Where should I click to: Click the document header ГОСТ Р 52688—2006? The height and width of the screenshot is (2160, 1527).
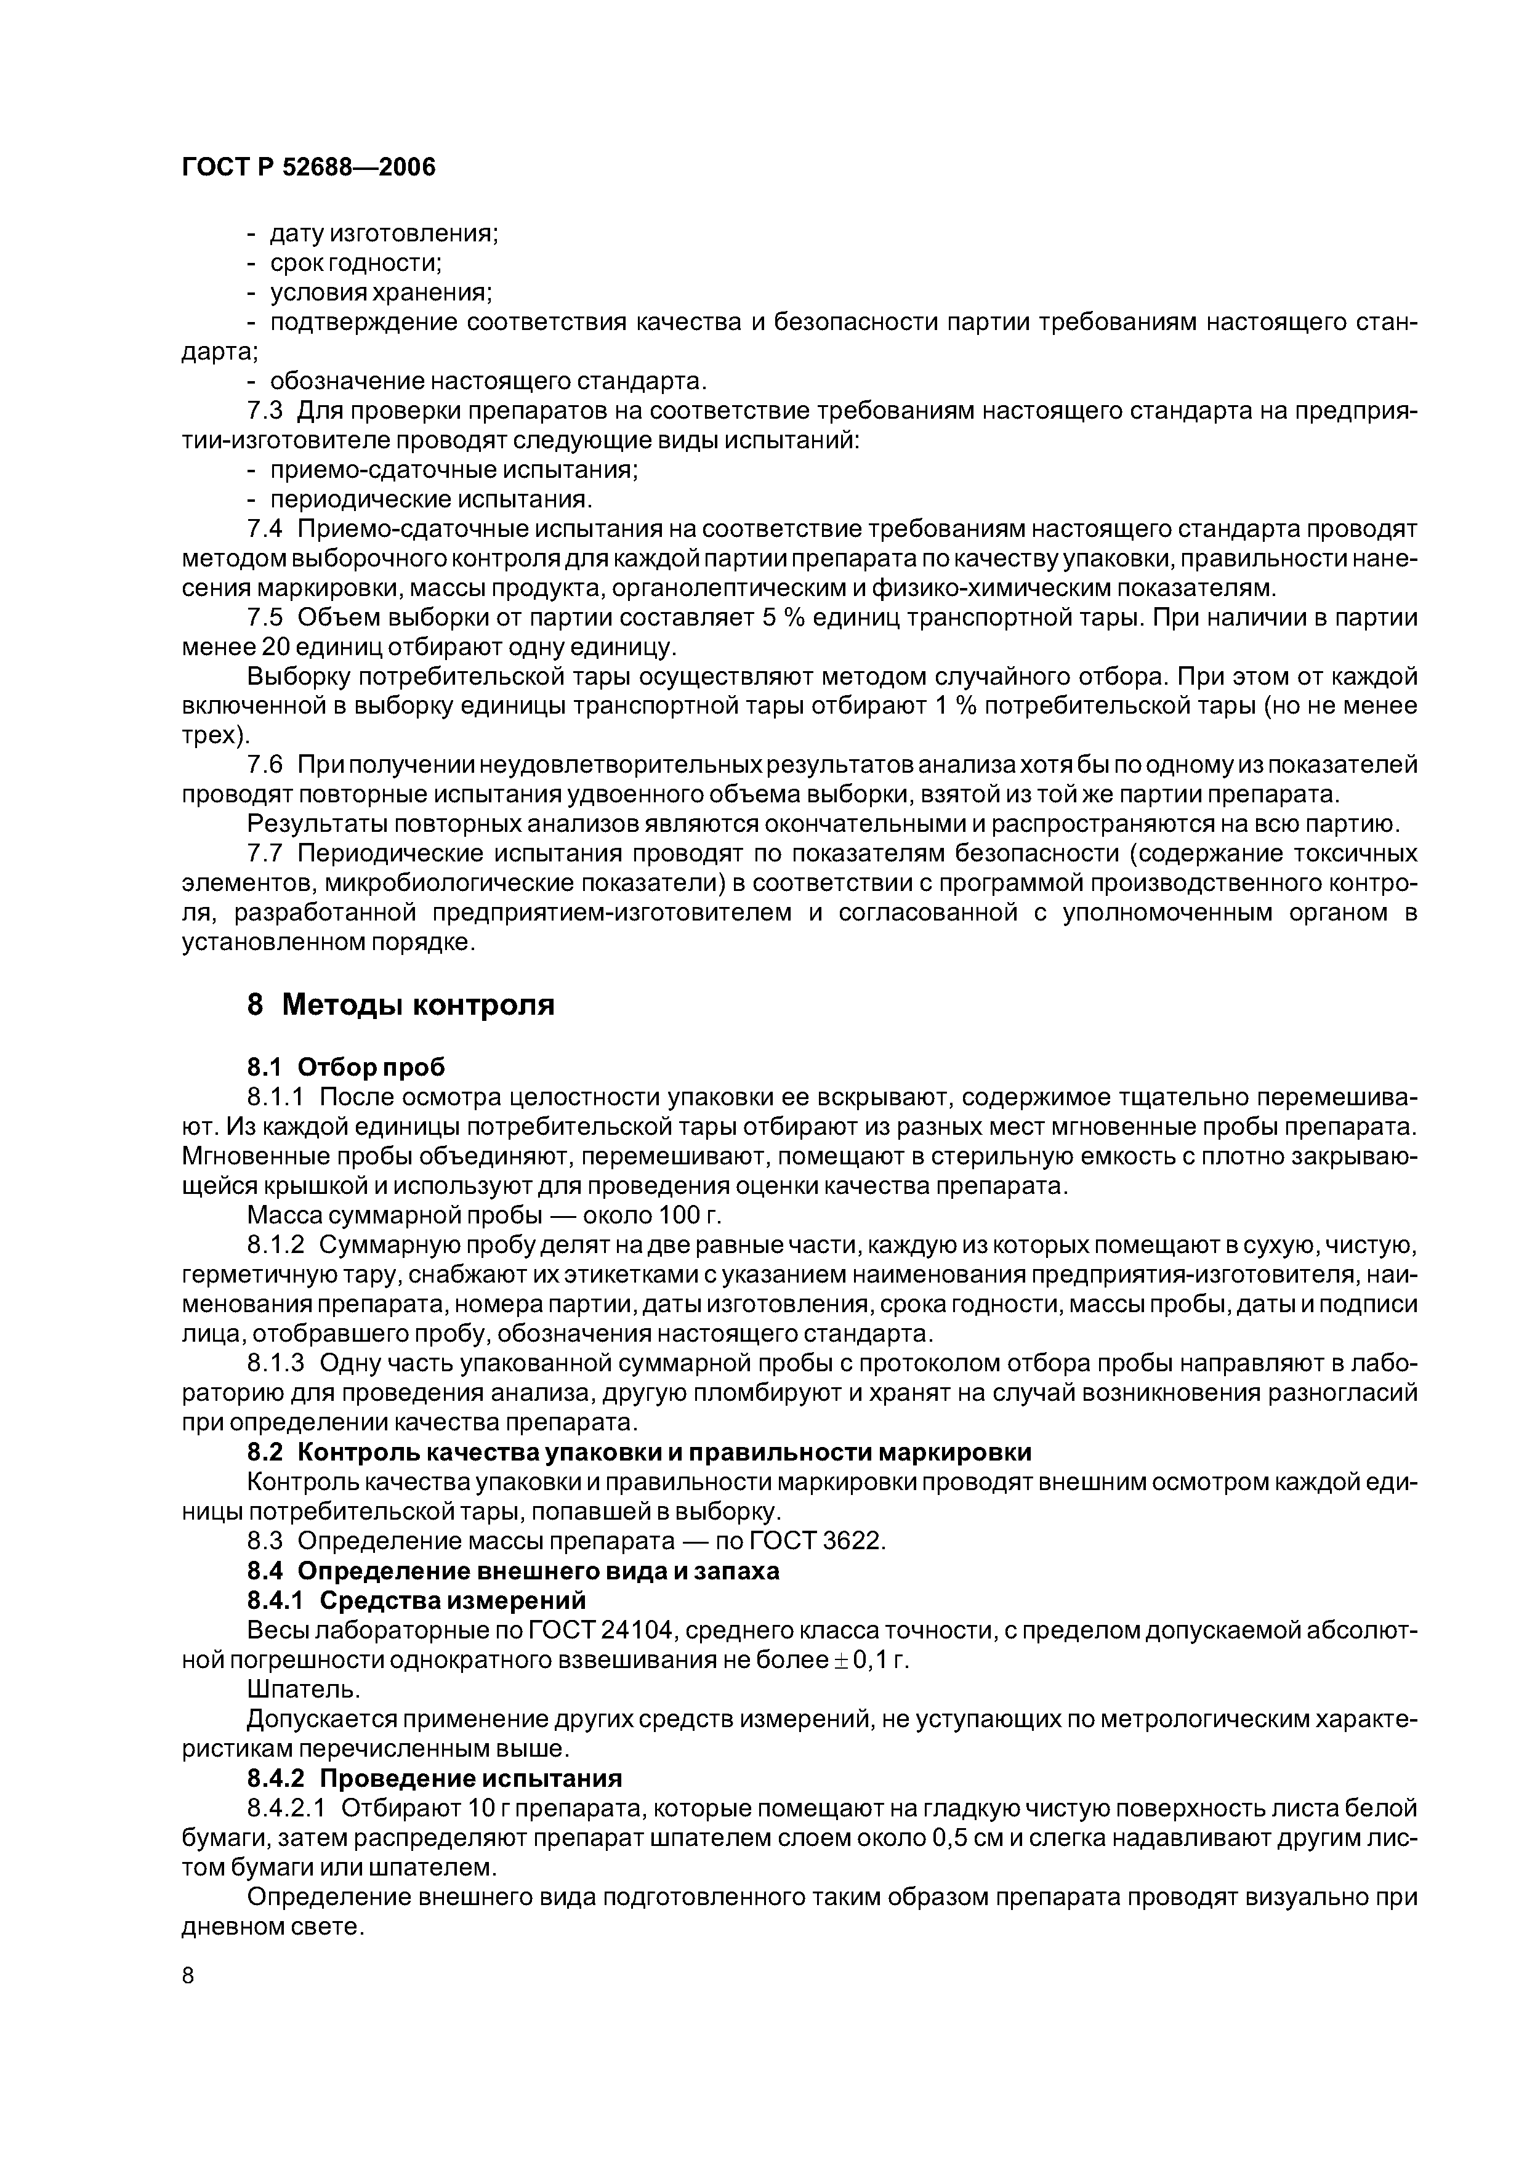click(308, 167)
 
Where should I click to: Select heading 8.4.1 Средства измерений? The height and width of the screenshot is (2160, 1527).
click(416, 1600)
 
